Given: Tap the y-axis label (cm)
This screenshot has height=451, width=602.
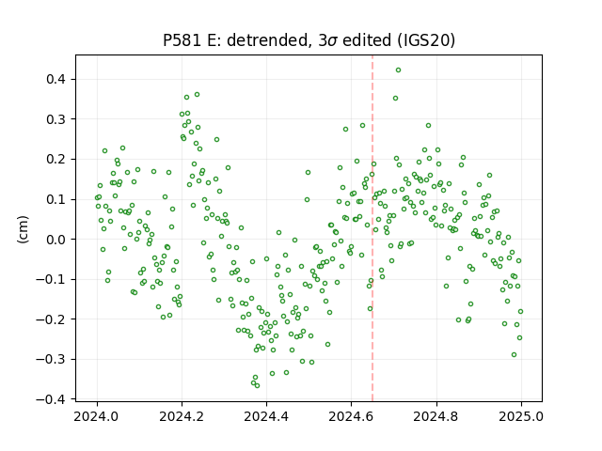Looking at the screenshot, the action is [23, 229].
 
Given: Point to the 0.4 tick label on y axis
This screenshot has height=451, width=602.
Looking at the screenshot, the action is [56, 79].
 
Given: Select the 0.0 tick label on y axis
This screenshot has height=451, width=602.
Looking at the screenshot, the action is [56, 240].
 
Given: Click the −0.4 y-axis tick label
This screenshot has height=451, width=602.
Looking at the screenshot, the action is [52, 399].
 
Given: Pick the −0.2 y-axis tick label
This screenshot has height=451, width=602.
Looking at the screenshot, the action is [52, 319].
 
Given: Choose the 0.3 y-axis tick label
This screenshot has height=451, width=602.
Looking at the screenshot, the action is [56, 119].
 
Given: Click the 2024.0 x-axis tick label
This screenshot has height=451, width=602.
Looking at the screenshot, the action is [98, 416].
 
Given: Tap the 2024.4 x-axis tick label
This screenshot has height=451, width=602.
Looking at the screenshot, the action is [266, 416].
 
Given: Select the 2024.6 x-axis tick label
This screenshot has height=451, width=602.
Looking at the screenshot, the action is [351, 416].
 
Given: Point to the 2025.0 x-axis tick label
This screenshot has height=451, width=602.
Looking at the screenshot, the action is [521, 416].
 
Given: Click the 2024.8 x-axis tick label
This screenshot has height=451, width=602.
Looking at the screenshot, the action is [436, 416].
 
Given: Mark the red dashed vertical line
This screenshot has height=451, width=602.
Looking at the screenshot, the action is [372, 228].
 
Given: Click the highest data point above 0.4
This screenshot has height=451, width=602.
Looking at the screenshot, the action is [398, 70].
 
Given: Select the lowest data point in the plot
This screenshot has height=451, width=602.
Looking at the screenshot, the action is [257, 386].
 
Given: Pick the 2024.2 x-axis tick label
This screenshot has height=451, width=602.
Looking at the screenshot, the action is [182, 416].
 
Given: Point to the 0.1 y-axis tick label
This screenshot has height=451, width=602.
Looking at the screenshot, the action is [56, 199].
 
